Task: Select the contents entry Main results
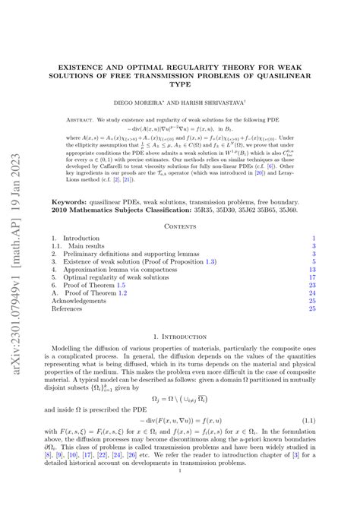(x=89, y=247)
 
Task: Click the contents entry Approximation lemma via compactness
(x=123, y=269)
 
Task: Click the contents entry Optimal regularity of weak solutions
(x=115, y=279)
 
